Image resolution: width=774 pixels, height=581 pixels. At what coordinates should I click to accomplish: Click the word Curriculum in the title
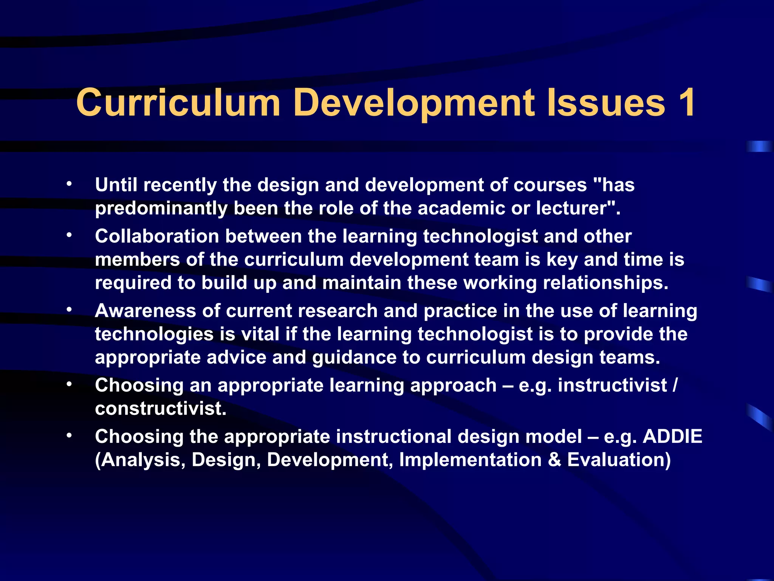click(178, 103)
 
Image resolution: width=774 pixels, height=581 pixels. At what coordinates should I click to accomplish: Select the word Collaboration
click(157, 236)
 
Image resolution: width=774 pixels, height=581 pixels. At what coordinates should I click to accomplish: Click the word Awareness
click(145, 311)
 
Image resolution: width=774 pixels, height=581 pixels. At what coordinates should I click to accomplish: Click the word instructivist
click(612, 385)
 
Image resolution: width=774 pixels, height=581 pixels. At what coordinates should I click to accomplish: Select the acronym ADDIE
click(672, 437)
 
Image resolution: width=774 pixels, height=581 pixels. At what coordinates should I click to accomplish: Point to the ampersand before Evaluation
click(554, 460)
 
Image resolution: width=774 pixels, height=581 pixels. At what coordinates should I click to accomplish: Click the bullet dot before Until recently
click(69, 184)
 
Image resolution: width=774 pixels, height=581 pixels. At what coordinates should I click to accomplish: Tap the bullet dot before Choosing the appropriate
click(69, 436)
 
